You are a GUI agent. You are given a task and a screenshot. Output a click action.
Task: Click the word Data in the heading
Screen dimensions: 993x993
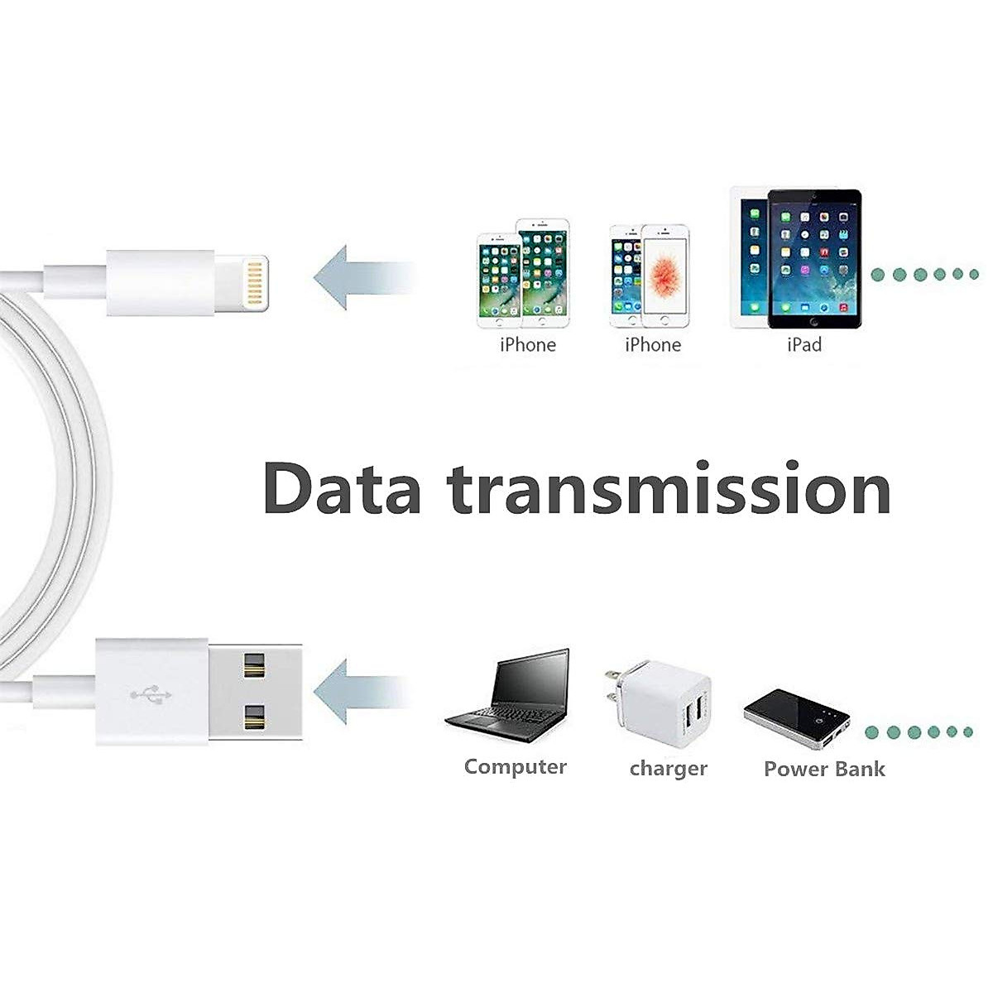(342, 489)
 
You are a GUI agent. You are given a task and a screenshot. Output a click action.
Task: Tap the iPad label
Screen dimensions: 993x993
(804, 344)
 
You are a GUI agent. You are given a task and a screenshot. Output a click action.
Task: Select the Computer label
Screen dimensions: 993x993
(515, 767)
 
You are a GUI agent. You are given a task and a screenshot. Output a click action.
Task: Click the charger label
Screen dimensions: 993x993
(668, 769)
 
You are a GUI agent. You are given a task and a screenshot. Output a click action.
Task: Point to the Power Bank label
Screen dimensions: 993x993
(824, 770)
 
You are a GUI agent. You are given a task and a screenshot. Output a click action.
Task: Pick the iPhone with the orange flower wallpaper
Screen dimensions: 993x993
(664, 275)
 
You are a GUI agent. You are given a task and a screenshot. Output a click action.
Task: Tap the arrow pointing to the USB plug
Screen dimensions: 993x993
(364, 688)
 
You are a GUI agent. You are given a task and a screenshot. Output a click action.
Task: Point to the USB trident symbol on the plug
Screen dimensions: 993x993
(151, 693)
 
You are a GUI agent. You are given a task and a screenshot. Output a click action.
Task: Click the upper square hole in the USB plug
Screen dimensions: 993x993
(254, 663)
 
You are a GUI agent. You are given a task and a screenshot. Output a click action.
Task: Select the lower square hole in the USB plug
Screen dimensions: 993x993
(254, 717)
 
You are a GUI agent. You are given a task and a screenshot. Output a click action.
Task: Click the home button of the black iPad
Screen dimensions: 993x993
(814, 321)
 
